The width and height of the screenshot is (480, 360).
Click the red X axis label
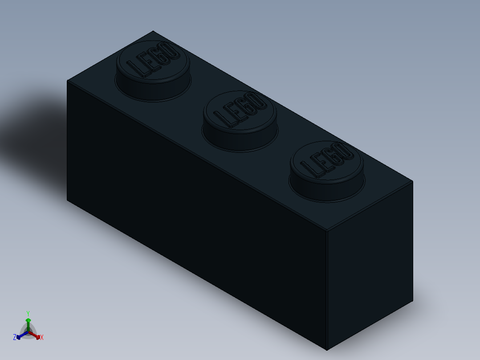[x=42, y=338]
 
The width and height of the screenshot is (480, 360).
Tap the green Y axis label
[x=28, y=313]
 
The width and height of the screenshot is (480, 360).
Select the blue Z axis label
[x=15, y=338]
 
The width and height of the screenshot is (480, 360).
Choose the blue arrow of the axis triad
[x=20, y=336]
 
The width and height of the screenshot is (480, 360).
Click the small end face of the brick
[x=370, y=267]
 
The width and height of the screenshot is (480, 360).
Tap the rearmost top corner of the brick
[x=153, y=31]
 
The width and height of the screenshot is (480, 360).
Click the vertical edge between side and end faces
[x=326, y=290]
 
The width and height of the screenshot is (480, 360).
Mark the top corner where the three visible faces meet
[x=326, y=231]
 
